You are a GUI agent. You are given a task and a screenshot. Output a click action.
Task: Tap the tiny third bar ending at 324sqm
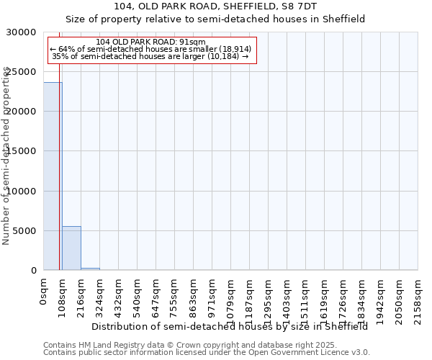point(90,269)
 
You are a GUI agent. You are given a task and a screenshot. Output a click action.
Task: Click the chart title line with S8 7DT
point(215,6)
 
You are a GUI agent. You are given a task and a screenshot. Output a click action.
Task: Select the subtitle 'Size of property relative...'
point(215,19)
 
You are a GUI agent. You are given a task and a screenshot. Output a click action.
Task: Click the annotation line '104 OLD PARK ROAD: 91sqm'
point(150,42)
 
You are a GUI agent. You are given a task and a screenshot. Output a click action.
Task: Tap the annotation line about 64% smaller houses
point(150,49)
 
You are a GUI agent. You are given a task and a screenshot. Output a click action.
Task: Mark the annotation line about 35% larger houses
point(150,56)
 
